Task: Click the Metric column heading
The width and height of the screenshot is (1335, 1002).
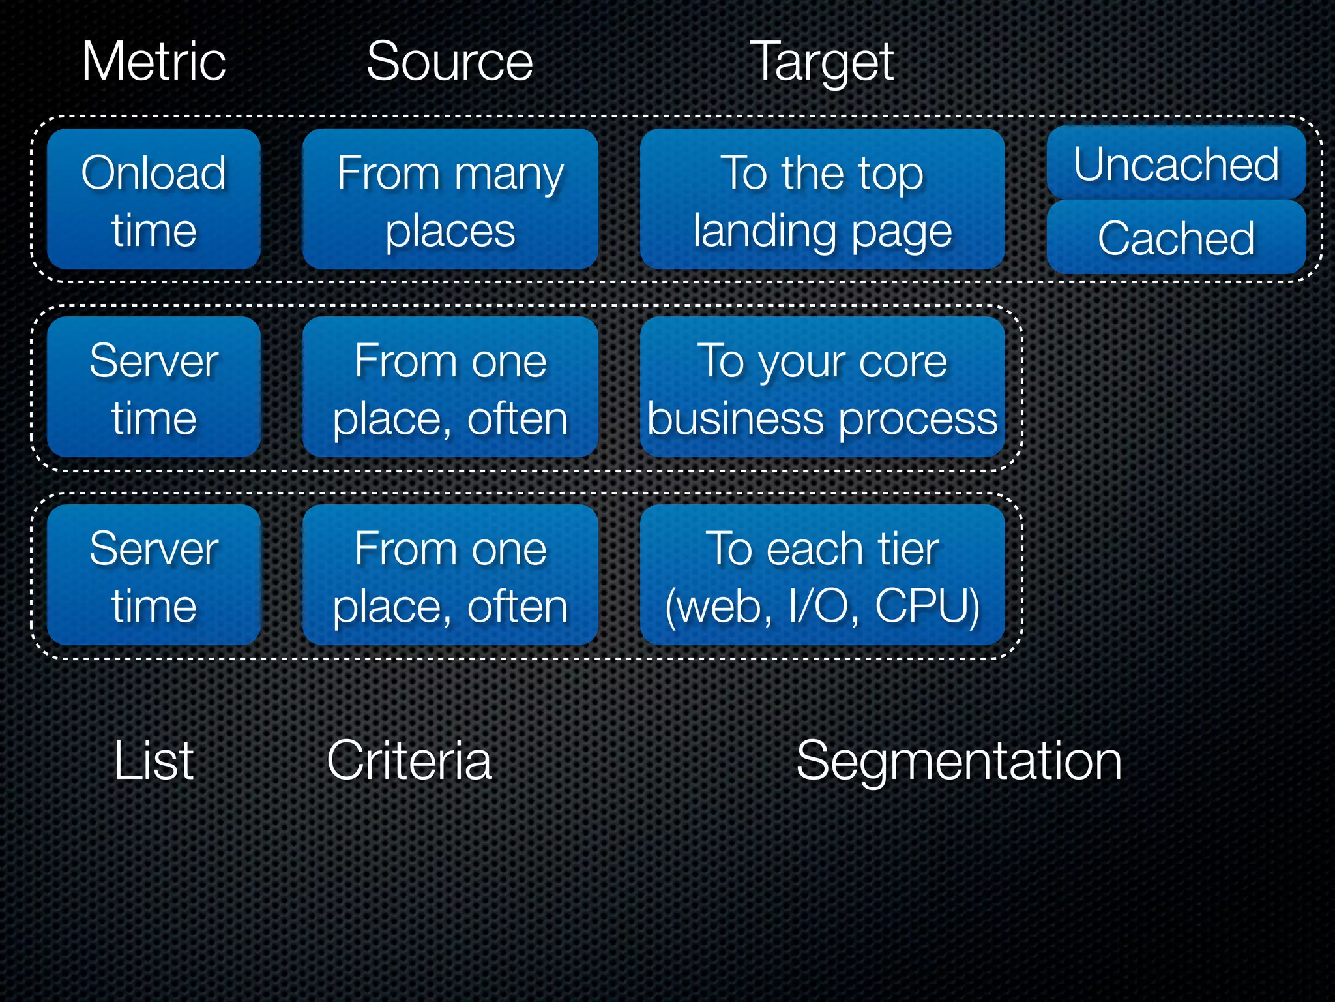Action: (154, 61)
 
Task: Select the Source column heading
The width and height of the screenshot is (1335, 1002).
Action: (450, 61)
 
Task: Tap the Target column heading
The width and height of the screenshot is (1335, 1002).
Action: (821, 63)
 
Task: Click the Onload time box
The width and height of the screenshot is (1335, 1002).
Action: (154, 199)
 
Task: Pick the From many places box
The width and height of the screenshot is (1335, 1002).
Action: (450, 199)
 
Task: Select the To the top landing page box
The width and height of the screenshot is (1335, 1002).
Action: (822, 199)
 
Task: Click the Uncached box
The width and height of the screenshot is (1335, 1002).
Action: (1176, 163)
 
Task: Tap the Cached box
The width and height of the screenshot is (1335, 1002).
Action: (1176, 237)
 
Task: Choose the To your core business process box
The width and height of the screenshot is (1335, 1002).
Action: (822, 387)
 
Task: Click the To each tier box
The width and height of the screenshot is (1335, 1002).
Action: (822, 575)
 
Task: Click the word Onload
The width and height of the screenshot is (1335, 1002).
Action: (154, 173)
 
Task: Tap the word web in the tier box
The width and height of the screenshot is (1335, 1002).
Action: (717, 606)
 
